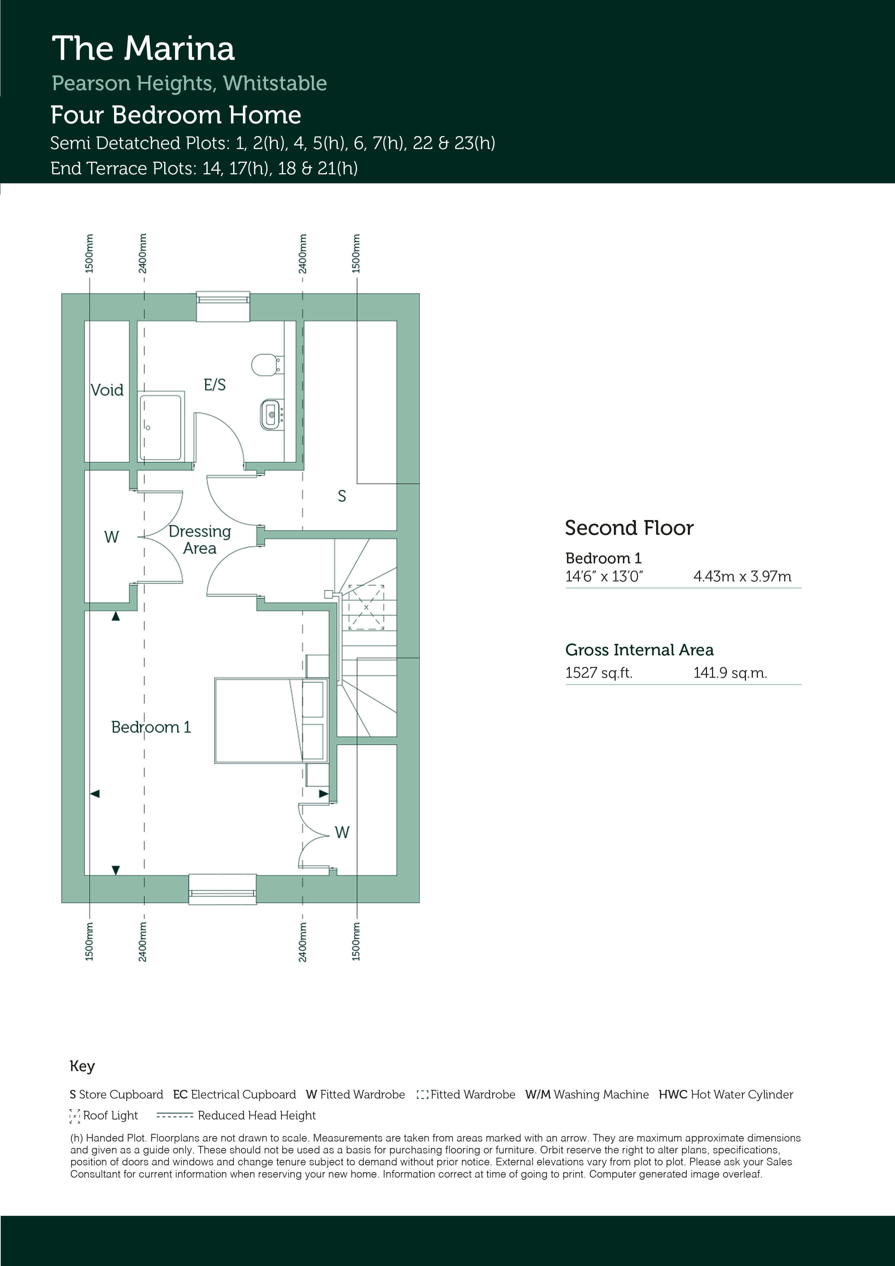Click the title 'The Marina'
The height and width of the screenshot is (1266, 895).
(x=143, y=48)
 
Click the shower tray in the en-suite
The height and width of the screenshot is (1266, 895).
(x=161, y=426)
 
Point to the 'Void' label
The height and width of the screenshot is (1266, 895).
(x=107, y=390)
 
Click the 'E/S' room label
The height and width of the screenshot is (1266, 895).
(x=214, y=385)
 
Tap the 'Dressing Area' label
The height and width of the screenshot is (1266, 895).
(x=200, y=540)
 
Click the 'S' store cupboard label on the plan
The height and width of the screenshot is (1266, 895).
(x=342, y=496)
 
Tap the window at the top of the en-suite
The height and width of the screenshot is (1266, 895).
(x=223, y=306)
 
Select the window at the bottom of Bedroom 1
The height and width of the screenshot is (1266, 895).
(x=222, y=889)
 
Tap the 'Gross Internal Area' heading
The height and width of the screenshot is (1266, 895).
(x=639, y=650)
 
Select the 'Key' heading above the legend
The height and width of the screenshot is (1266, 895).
(x=82, y=1066)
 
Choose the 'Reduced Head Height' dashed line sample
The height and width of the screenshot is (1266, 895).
(x=174, y=1116)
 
